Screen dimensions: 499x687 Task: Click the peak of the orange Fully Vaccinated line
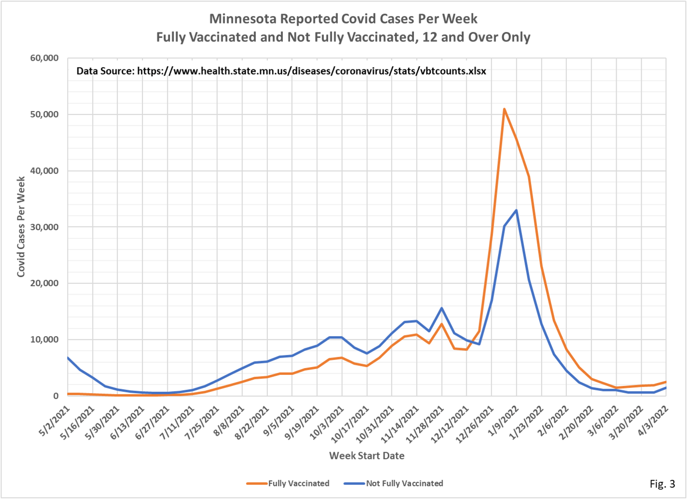(504, 109)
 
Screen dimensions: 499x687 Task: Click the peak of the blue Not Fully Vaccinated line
(516, 210)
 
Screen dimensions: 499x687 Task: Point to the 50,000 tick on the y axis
(44, 114)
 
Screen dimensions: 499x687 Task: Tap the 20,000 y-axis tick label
(44, 283)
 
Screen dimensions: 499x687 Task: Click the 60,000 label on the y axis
(44, 58)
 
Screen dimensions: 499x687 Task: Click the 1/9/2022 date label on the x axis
(503, 421)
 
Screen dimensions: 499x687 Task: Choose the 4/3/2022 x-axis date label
(653, 421)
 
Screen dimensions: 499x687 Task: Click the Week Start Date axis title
(367, 456)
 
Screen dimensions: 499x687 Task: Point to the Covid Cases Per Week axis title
(21, 227)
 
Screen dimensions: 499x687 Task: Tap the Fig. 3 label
(662, 484)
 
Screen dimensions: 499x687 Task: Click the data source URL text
(311, 71)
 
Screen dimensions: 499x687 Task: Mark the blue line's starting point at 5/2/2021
(68, 358)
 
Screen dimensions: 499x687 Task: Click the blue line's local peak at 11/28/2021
(442, 308)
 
